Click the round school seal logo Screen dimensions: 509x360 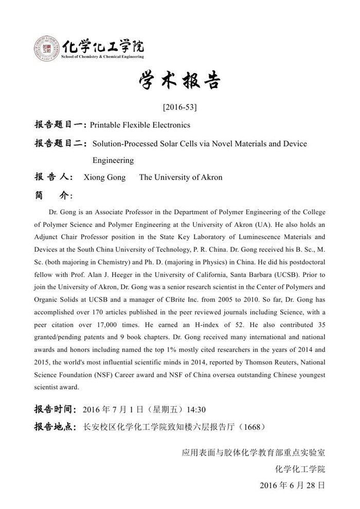(x=47, y=49)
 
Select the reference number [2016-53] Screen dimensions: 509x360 (x=179, y=108)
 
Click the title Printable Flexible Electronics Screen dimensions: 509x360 (x=140, y=125)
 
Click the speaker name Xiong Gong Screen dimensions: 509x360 (x=104, y=178)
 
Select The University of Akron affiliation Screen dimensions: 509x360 (x=181, y=178)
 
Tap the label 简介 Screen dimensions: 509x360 (x=53, y=196)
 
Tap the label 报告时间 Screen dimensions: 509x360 (x=56, y=410)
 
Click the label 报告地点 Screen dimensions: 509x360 (x=56, y=427)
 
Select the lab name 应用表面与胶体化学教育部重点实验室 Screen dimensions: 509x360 (x=253, y=453)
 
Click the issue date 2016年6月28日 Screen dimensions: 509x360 (x=292, y=485)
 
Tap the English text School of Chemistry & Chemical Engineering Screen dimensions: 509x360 (x=102, y=57)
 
